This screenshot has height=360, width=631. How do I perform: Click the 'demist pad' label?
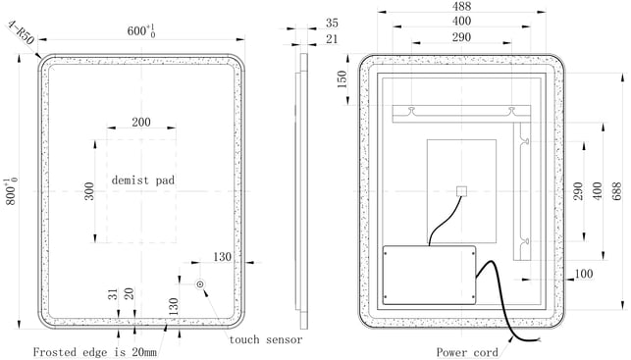pyautogui.click(x=143, y=180)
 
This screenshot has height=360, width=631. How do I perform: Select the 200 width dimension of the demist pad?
pyautogui.click(x=141, y=122)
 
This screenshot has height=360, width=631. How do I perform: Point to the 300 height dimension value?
pyautogui.click(x=89, y=191)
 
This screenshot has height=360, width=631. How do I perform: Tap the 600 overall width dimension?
pyautogui.click(x=141, y=30)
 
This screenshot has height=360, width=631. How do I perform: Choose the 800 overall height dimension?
pyautogui.click(x=11, y=192)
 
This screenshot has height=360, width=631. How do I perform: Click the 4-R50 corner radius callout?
pyautogui.click(x=21, y=33)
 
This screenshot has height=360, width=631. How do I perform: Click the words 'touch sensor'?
pyautogui.click(x=266, y=339)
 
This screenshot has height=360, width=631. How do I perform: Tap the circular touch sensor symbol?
pyautogui.click(x=200, y=284)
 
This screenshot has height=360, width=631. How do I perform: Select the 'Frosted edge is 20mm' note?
pyautogui.click(x=94, y=352)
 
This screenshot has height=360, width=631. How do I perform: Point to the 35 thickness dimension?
pyautogui.click(x=332, y=23)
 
